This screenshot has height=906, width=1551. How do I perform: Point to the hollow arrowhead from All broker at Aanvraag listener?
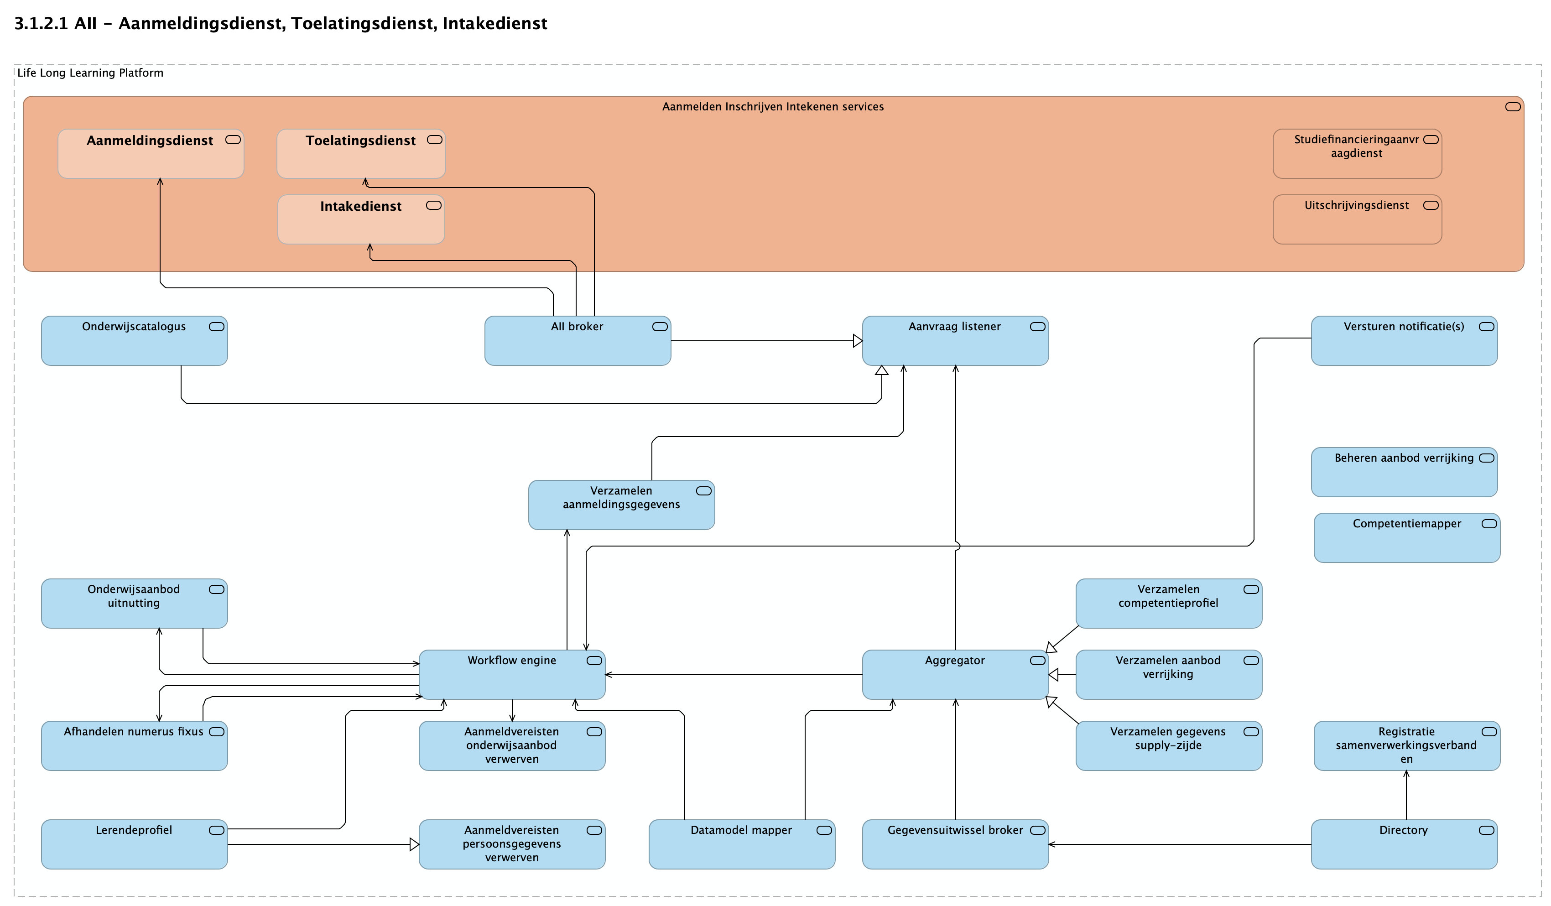(x=857, y=341)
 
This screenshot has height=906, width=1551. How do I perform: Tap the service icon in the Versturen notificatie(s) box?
(x=1486, y=327)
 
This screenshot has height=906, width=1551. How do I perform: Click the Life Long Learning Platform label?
(x=90, y=73)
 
